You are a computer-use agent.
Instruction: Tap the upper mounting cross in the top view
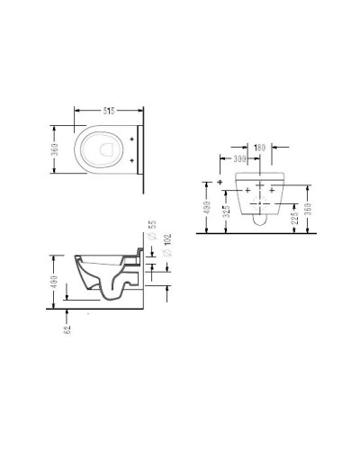point(133,139)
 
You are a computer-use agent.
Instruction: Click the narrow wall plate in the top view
point(142,148)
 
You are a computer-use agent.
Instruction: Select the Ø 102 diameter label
point(167,240)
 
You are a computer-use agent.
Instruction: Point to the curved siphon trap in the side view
point(112,286)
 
